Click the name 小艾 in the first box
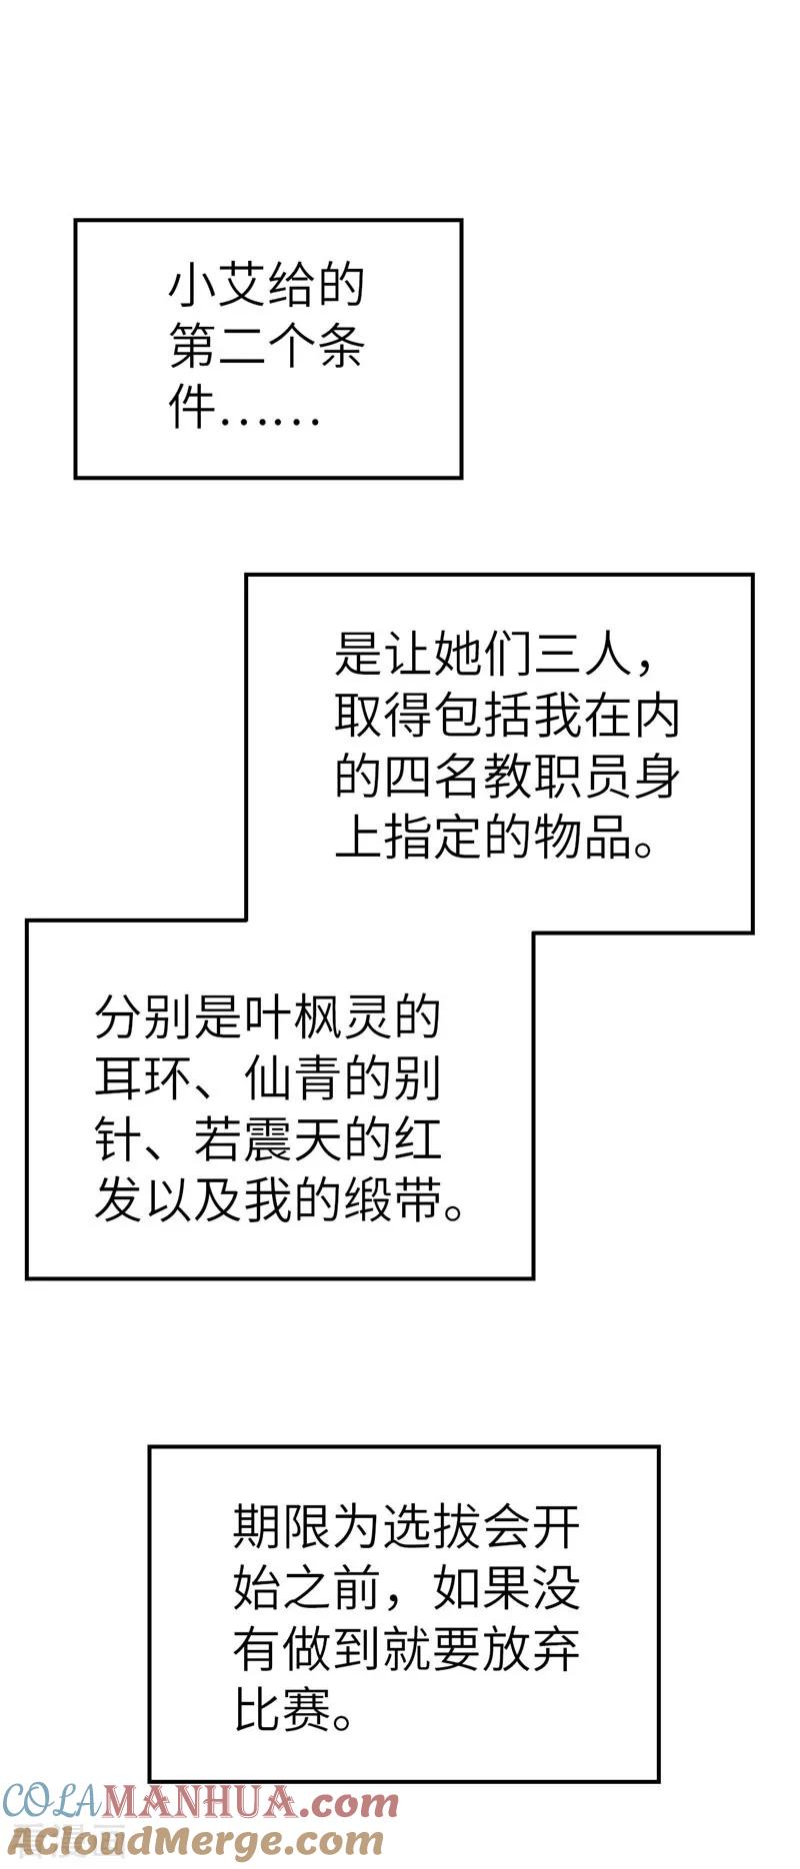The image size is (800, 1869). pos(217,287)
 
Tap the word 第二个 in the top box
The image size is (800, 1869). pos(242,346)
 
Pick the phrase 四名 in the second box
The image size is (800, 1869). pos(433,777)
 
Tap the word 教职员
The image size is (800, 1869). pos(557,777)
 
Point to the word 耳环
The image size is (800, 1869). pos(144,1078)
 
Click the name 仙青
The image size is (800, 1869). pos(293,1078)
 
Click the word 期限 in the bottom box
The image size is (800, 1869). pos(283,1526)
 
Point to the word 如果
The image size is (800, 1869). pos(482,1587)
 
